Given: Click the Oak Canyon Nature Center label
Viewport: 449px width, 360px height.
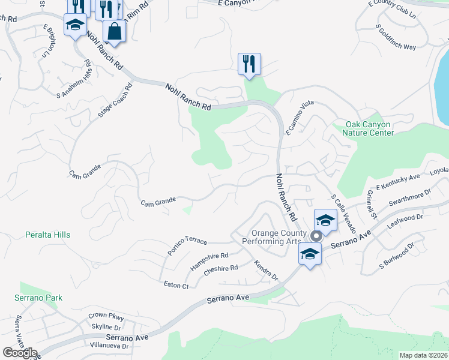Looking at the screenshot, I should (368, 128).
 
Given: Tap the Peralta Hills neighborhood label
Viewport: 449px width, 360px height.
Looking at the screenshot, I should (48, 235).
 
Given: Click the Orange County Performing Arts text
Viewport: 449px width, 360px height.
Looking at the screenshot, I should (280, 237).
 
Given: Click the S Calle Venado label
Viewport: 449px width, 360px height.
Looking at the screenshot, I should (343, 214).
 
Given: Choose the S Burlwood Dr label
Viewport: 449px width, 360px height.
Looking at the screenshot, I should (396, 256).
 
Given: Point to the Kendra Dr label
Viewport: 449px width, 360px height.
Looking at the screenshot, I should (266, 270).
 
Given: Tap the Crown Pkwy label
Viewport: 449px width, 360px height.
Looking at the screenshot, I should (106, 315).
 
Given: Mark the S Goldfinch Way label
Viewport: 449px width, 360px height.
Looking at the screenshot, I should (396, 38).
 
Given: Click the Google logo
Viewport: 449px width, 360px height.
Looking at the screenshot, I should (20, 353).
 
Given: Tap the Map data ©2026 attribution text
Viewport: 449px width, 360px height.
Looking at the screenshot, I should (423, 355).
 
